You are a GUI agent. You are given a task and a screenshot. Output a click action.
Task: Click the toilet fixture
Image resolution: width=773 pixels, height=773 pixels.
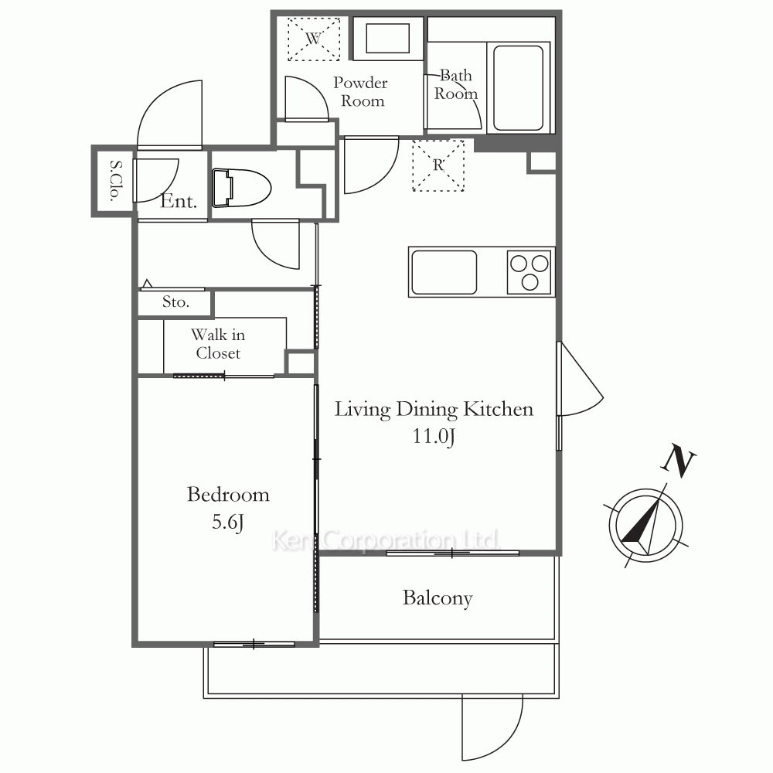click(241, 189)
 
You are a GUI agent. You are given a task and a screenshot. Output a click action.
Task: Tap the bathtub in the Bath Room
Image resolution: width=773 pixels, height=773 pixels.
click(518, 88)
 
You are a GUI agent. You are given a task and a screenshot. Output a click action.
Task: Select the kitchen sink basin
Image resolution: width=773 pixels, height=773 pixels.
click(444, 272)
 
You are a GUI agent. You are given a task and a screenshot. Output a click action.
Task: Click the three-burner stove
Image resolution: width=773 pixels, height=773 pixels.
click(529, 272)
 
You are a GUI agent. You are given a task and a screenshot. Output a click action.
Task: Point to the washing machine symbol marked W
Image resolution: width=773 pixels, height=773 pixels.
click(314, 39)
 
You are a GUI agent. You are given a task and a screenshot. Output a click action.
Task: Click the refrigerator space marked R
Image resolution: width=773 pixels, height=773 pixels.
click(438, 165)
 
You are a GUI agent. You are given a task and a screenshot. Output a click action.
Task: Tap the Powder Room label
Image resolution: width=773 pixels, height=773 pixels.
click(361, 92)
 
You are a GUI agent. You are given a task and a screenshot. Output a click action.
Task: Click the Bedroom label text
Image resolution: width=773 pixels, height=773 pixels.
click(228, 495)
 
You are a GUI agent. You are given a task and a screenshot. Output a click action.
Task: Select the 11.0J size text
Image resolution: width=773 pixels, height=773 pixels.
click(434, 437)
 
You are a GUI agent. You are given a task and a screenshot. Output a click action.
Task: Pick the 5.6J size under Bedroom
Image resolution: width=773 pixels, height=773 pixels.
click(228, 522)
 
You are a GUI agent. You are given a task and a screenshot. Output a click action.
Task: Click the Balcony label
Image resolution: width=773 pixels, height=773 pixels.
click(438, 598)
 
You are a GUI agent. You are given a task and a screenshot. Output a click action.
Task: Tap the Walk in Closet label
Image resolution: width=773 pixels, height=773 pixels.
click(218, 344)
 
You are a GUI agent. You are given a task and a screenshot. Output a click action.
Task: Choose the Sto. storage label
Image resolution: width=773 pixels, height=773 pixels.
click(175, 301)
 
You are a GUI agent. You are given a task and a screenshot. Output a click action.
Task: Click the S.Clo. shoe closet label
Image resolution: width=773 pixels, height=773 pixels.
click(115, 181)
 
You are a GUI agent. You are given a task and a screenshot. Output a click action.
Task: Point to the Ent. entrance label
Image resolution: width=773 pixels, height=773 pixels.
click(179, 201)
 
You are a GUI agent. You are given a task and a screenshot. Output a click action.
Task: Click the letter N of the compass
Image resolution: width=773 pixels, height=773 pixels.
click(679, 461)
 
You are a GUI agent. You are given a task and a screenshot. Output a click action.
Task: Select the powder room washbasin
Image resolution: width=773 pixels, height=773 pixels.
click(387, 39)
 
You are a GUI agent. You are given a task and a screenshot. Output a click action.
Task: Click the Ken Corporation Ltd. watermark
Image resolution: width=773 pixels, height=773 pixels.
click(386, 540)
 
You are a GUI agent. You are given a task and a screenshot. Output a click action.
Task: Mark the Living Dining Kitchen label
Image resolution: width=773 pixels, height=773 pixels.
click(434, 410)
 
